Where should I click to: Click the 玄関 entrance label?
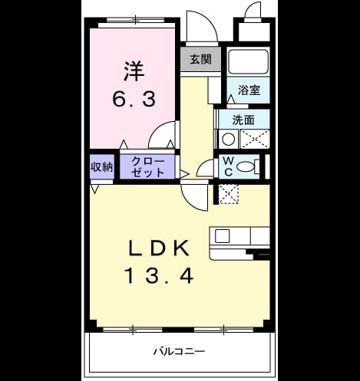200,59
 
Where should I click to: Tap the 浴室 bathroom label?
249,90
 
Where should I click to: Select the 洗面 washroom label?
243,120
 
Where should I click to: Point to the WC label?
229,166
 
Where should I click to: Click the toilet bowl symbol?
246,166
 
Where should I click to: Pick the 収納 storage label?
102,167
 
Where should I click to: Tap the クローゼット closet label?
148,167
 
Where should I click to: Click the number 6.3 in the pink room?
134,100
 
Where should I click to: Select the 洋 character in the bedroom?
134,71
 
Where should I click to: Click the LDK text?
159,248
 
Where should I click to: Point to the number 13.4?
159,276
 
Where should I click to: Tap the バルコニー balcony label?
179,352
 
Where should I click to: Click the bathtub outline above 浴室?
248,61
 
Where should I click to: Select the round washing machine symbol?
228,140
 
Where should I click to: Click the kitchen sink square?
222,236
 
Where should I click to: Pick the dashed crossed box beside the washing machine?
255,140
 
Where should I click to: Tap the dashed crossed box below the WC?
229,194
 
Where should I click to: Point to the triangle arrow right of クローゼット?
185,174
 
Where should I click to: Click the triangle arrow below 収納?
94,189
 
